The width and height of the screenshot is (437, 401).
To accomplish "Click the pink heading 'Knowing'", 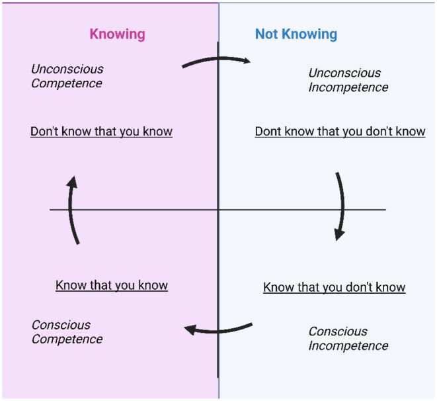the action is (x=117, y=34).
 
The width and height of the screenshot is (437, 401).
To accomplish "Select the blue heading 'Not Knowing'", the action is (x=296, y=34).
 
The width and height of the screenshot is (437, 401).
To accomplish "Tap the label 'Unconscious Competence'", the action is (x=67, y=76).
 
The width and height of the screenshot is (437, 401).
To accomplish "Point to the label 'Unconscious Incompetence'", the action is (x=348, y=80).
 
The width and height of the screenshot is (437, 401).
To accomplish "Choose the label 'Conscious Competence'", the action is (x=67, y=332).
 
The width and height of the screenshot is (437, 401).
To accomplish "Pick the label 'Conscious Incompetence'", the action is (x=348, y=339).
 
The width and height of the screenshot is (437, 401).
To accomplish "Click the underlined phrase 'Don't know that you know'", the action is (x=101, y=132).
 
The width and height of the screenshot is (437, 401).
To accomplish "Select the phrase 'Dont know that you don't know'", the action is (x=340, y=132).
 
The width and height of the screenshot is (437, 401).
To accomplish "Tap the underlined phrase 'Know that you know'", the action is (x=112, y=286).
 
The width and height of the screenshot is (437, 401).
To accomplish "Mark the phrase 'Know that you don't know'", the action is (x=335, y=287).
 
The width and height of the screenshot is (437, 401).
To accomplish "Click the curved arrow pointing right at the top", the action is (x=218, y=58).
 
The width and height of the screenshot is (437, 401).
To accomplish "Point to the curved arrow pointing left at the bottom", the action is (x=218, y=332).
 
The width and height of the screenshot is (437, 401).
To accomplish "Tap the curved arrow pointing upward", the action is (x=70, y=209).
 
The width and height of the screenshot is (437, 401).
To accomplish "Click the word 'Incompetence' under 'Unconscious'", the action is (x=348, y=87).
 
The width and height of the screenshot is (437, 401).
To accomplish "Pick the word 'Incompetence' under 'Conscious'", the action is (x=348, y=346).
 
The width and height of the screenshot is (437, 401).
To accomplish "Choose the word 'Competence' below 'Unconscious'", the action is (x=67, y=83).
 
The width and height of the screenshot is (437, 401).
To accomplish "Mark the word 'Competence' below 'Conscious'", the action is (x=67, y=339).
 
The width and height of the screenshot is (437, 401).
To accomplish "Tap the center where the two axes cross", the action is (x=218, y=209).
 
